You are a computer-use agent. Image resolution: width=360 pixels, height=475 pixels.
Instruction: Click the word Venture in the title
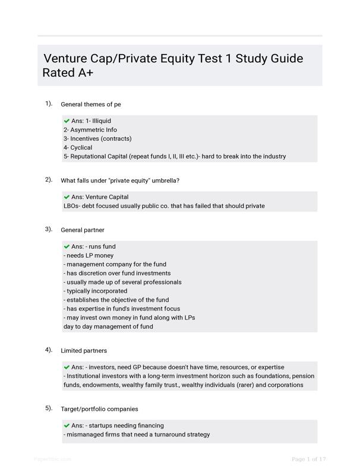[x=68, y=59]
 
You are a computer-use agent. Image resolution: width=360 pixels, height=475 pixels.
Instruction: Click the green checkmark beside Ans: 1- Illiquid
[x=67, y=121]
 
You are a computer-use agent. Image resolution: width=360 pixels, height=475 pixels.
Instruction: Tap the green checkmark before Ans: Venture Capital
[x=67, y=197]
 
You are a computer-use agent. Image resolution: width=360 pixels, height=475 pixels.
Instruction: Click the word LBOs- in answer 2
[x=73, y=206]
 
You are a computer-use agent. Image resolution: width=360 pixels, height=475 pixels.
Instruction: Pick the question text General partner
[x=83, y=230]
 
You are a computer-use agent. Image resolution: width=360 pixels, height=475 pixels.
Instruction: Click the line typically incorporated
[x=95, y=291]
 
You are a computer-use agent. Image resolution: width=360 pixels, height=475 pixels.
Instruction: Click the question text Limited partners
[x=84, y=351]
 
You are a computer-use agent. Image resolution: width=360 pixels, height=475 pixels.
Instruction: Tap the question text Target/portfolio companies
[x=99, y=409]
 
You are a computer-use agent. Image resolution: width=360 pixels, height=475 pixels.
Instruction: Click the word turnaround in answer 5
[x=165, y=435]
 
